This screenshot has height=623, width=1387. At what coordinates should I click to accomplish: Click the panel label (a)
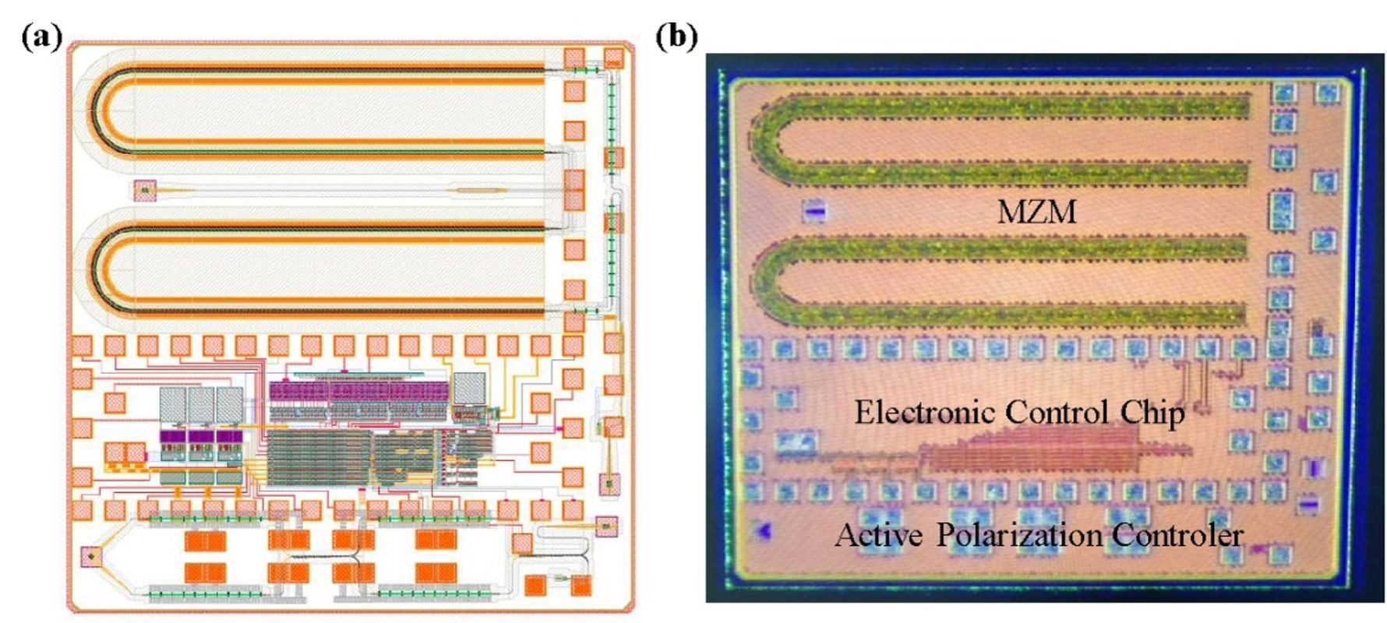pyautogui.click(x=41, y=37)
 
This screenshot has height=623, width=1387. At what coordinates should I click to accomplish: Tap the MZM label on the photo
pyautogui.click(x=1036, y=212)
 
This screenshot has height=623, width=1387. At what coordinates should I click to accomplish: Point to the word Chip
pyautogui.click(x=1153, y=413)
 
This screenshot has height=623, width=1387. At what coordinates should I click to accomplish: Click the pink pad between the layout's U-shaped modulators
pyautogui.click(x=144, y=190)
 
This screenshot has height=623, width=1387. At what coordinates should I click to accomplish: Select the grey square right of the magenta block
pyautogui.click(x=469, y=388)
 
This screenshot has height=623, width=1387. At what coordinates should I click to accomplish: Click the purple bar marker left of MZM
pyautogui.click(x=814, y=210)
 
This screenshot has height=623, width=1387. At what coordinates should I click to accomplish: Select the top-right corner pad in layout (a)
pyautogui.click(x=614, y=58)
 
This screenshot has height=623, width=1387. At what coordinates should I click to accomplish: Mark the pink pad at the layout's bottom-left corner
pyautogui.click(x=91, y=558)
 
